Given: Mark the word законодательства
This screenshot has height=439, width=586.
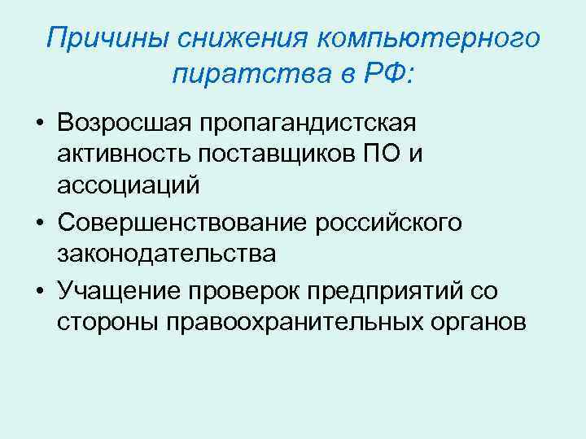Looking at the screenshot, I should click(167, 254).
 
